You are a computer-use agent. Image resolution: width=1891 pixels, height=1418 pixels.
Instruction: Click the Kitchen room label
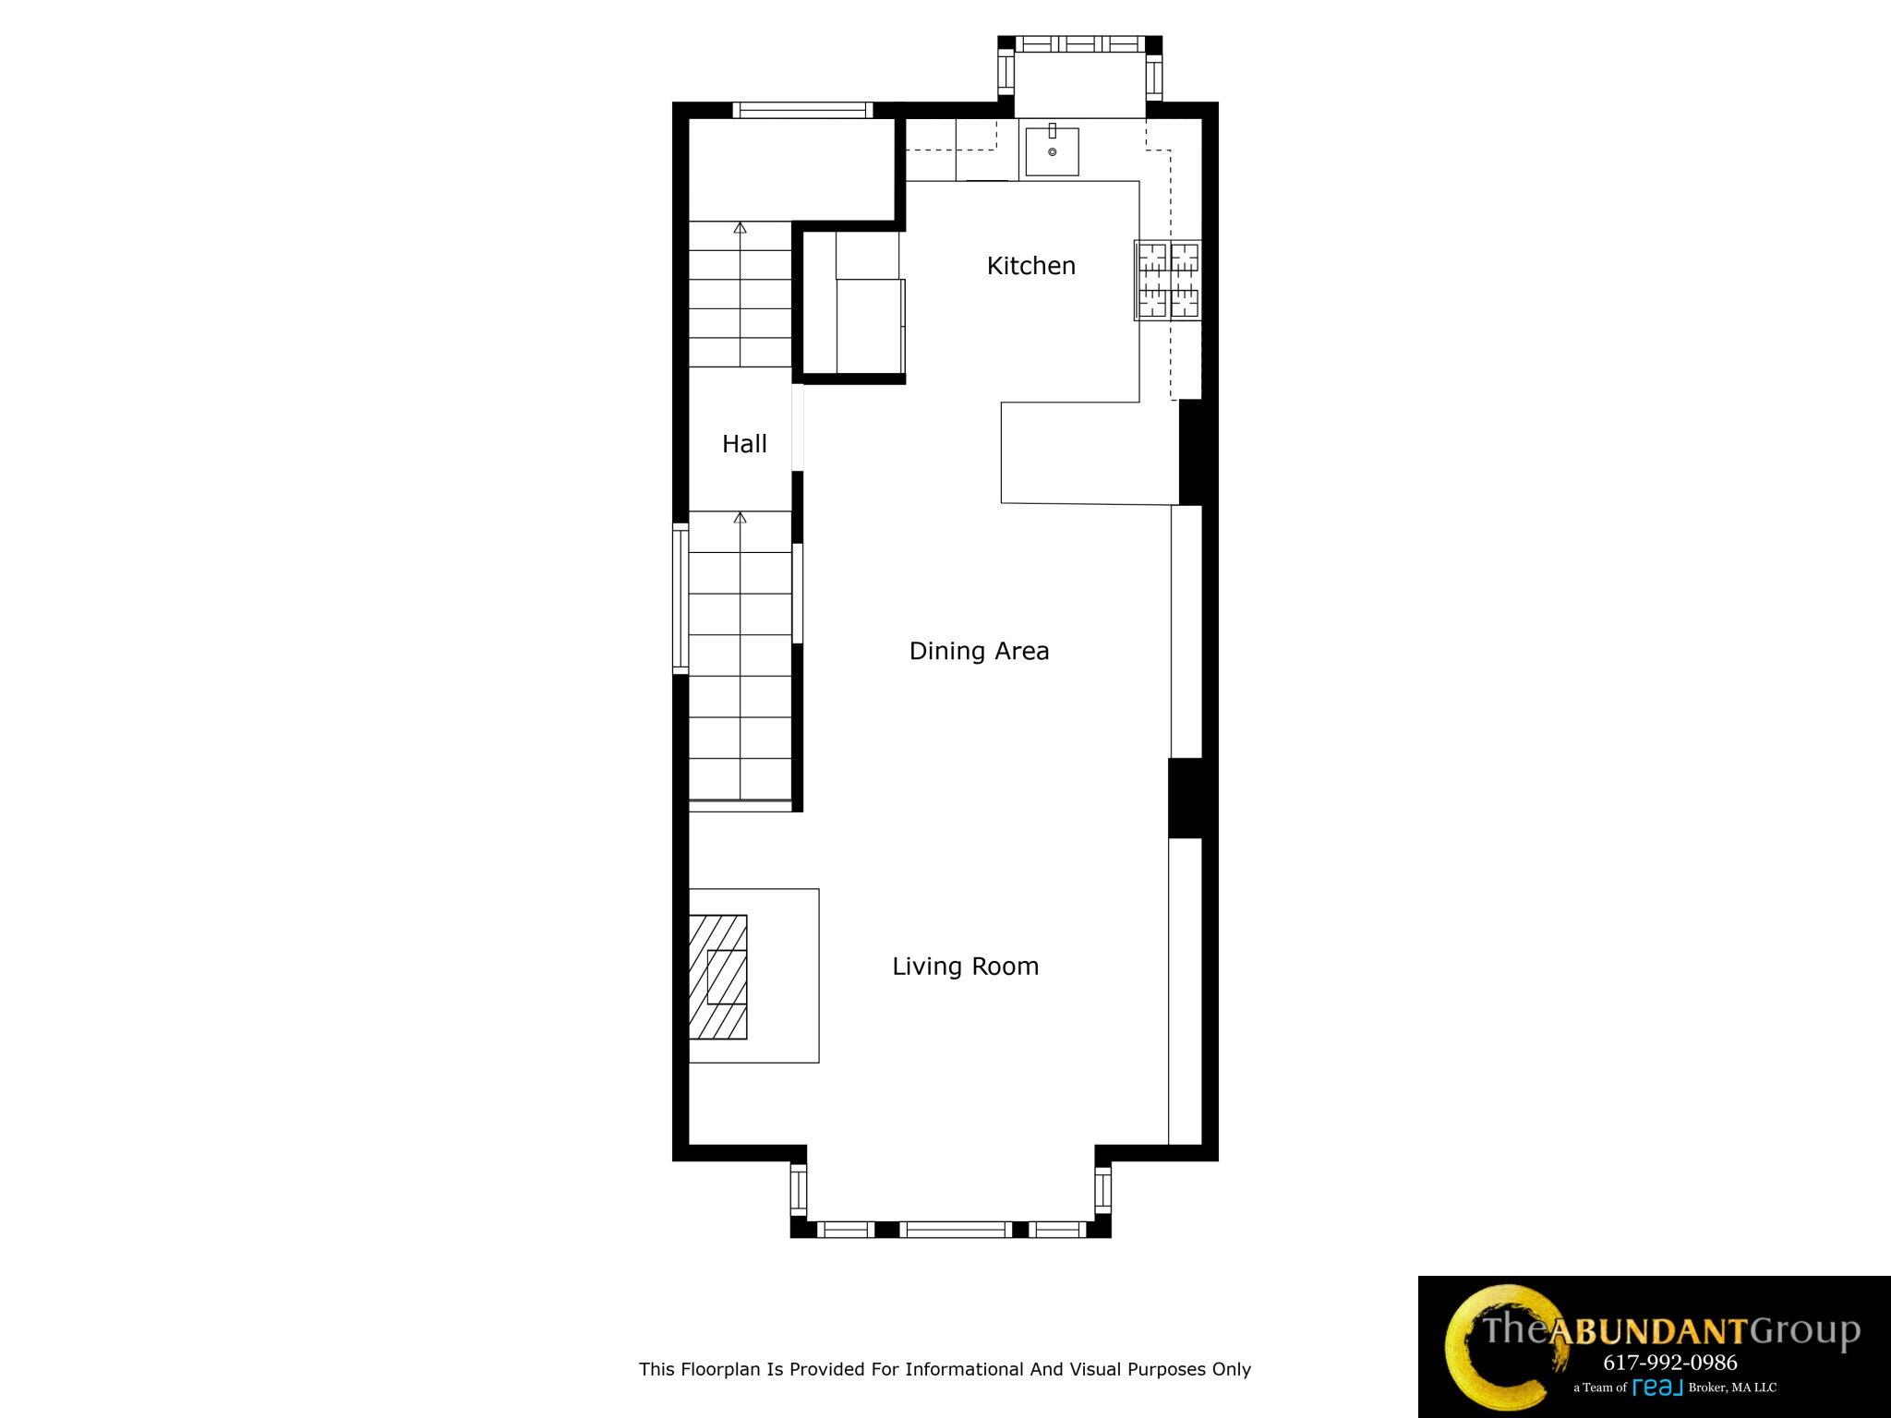pyautogui.click(x=1030, y=266)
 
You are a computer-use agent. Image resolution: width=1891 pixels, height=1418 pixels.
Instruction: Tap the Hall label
pyautogui.click(x=744, y=444)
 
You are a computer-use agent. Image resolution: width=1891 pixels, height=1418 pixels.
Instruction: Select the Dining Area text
pyautogui.click(x=979, y=651)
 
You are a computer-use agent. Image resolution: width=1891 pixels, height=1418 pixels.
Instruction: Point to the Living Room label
pyautogui.click(x=965, y=967)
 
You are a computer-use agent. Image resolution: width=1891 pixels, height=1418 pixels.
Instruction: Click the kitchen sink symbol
pyautogui.click(x=1052, y=151)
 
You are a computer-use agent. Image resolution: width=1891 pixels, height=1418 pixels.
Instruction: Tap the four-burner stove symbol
pyautogui.click(x=1168, y=280)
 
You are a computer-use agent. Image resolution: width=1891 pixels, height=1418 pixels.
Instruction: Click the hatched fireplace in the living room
pyautogui.click(x=718, y=977)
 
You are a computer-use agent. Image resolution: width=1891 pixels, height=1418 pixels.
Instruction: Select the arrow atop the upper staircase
pyautogui.click(x=740, y=227)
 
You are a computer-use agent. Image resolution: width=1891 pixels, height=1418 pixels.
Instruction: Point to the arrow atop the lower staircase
pyautogui.click(x=740, y=518)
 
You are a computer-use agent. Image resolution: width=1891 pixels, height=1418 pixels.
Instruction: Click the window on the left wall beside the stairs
pyautogui.click(x=681, y=598)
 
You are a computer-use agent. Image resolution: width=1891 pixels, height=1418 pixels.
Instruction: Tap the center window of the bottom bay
pyautogui.click(x=955, y=1229)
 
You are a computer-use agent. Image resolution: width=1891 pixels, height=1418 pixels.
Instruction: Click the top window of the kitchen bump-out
pyautogui.click(x=1079, y=44)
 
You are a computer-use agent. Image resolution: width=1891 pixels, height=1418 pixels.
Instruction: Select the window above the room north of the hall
pyautogui.click(x=802, y=111)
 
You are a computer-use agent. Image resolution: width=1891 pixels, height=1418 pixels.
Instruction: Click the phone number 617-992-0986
pyautogui.click(x=1669, y=1362)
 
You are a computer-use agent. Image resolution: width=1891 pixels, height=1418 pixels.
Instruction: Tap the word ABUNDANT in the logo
pyautogui.click(x=1647, y=1331)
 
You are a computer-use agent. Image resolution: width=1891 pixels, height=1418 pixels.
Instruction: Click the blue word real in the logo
pyautogui.click(x=1657, y=1387)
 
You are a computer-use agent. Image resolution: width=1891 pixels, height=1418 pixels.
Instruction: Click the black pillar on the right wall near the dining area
pyautogui.click(x=1186, y=798)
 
